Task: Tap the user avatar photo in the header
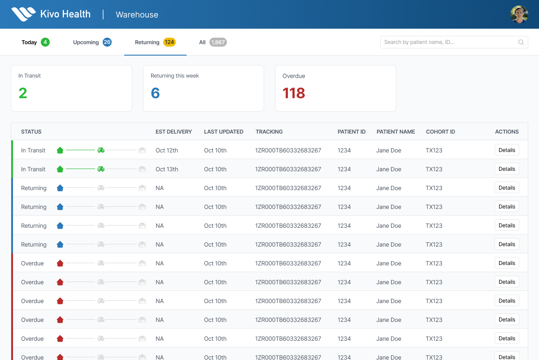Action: point(519,14)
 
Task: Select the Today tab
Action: point(29,42)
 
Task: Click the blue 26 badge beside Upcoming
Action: point(107,42)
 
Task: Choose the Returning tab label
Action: point(147,42)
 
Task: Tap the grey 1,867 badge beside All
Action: point(218,42)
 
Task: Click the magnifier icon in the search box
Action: point(521,42)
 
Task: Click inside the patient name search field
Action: point(448,42)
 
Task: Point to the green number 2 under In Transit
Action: point(23,93)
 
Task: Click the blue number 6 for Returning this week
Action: point(155,93)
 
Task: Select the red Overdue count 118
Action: point(294,93)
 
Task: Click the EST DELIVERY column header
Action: point(174,132)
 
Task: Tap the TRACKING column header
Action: point(269,132)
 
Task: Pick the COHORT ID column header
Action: point(440,132)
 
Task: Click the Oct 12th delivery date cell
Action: point(167,150)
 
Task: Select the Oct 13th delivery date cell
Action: point(167,169)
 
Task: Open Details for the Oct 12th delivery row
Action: point(507,150)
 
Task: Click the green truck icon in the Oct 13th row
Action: point(101,169)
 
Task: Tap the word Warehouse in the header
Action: point(137,15)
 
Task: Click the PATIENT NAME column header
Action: point(396,132)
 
